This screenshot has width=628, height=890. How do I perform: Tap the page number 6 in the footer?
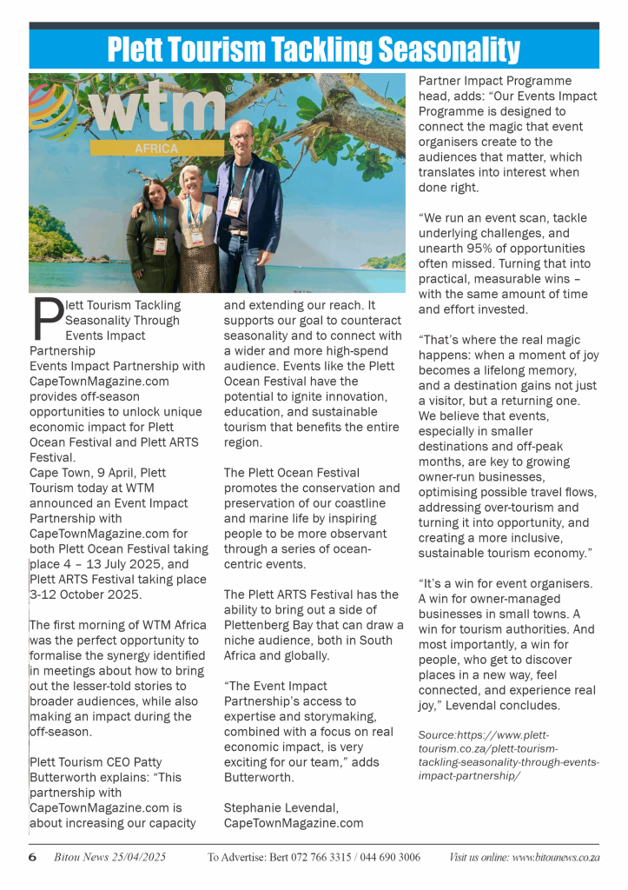[x=32, y=857]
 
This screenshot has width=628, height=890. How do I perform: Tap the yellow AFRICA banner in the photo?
[x=157, y=149]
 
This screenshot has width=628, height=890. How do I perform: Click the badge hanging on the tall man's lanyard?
[x=234, y=206]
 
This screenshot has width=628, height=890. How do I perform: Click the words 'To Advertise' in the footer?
[x=235, y=858]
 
